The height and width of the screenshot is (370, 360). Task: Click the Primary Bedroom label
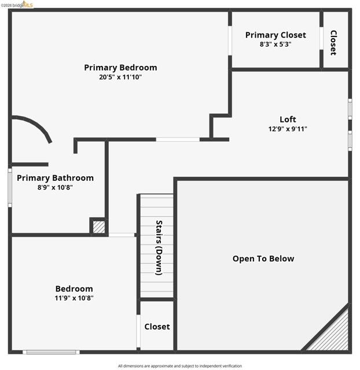tap(120, 68)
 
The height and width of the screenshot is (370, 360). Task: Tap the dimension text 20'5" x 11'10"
tap(120, 77)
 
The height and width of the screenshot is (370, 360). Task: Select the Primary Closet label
tap(275, 35)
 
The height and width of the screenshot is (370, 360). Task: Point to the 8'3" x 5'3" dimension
tap(275, 44)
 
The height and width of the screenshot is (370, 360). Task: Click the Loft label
tap(288, 120)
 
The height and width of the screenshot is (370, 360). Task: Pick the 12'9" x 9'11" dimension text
tap(288, 129)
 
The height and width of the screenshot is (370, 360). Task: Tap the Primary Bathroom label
tap(56, 178)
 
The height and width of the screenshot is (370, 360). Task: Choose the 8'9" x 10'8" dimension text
tap(55, 187)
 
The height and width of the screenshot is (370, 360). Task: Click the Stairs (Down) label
tap(159, 248)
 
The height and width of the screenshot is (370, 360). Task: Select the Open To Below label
tap(263, 258)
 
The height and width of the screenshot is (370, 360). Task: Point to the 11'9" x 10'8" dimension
tap(74, 298)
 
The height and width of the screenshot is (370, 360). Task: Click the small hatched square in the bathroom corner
tap(99, 227)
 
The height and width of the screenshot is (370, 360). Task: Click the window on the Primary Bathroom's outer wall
tap(10, 188)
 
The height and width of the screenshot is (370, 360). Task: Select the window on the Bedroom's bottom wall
tap(51, 352)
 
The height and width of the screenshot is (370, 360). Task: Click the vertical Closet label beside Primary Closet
tap(333, 43)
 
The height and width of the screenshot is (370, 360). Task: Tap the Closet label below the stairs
tap(157, 327)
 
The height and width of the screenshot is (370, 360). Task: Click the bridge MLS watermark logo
tap(17, 5)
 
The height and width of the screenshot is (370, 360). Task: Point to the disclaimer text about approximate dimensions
tap(180, 366)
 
